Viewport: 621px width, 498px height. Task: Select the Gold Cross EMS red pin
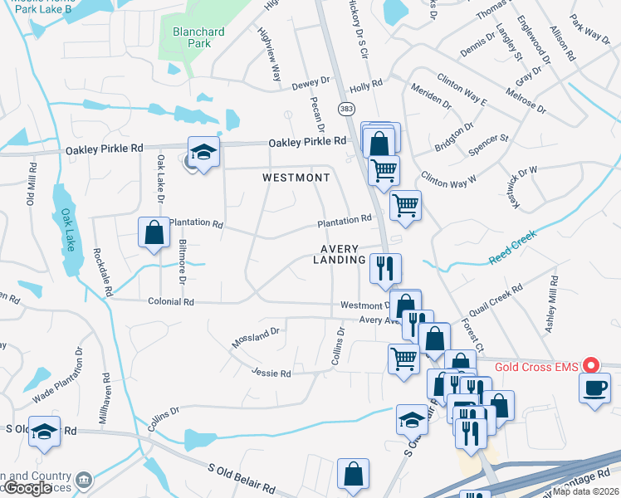point(591,365)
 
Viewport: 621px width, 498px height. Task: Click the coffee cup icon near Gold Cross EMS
point(594,388)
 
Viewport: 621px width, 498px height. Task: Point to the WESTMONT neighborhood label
point(296,178)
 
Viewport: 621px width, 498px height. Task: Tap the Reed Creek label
point(512,247)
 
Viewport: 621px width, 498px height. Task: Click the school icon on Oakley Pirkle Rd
point(202,153)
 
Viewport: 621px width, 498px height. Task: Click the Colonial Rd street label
point(171,303)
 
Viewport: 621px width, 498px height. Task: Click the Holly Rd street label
point(365,85)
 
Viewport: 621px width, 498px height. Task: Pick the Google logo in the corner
point(27,488)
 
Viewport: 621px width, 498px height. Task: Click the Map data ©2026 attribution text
point(586,491)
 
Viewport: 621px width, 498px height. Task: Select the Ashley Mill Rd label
point(552,305)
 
